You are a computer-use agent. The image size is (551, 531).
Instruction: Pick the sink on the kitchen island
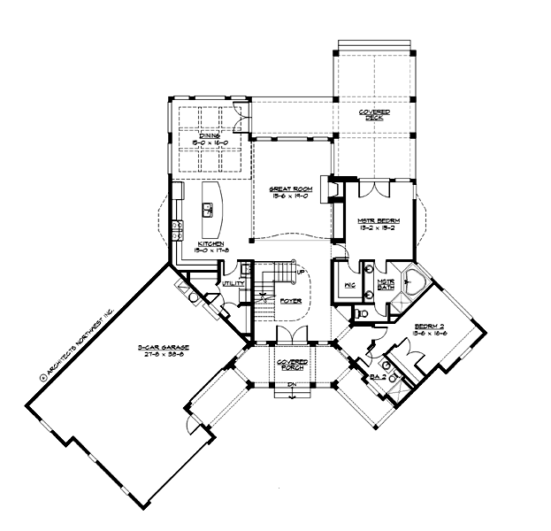click(x=209, y=210)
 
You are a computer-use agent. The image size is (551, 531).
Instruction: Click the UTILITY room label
click(x=232, y=283)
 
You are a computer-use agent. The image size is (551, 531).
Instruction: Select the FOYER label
click(x=291, y=301)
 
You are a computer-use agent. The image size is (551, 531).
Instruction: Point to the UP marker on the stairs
click(x=301, y=272)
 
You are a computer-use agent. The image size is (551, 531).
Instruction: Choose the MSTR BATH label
click(x=386, y=283)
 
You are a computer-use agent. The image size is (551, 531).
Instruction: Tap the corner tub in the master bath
click(x=411, y=282)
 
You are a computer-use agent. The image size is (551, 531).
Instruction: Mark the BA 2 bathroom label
click(x=377, y=377)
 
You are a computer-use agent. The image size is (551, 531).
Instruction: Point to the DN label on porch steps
click(x=291, y=386)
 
